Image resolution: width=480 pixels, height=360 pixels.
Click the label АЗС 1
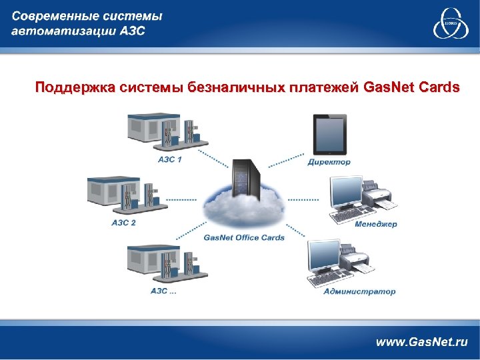tap(169, 159)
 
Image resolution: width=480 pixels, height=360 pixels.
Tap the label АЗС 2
tap(124, 223)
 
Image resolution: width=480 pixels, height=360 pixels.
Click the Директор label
tap(329, 162)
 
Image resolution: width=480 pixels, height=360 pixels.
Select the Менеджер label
tap(375, 224)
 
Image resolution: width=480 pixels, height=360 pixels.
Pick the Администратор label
tap(359, 291)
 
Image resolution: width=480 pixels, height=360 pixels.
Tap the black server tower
tap(244, 177)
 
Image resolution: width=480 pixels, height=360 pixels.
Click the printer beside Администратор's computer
tap(355, 259)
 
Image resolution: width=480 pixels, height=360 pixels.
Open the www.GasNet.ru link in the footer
tap(422, 341)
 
